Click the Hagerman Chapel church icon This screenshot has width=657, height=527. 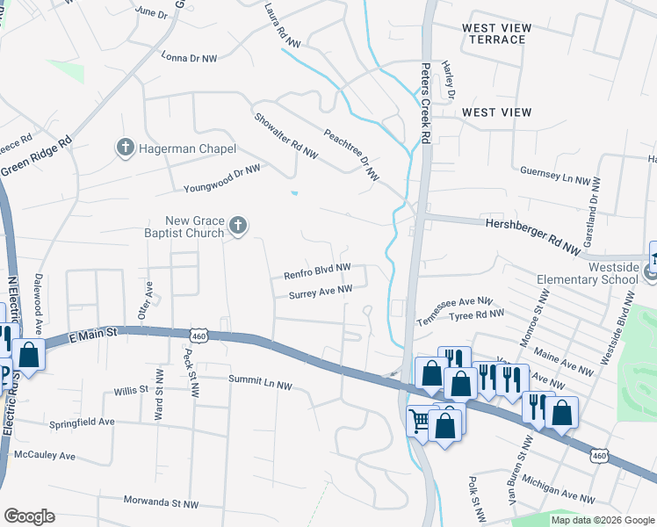point(125,148)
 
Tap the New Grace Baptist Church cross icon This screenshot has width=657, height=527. point(237,227)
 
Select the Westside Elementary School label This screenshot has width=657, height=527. point(587,272)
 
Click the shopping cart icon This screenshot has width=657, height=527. point(419,422)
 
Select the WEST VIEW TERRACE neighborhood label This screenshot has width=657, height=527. point(497,34)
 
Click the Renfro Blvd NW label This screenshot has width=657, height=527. point(317,271)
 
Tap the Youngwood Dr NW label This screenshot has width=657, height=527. point(222,177)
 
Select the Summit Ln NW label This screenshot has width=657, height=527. point(260,381)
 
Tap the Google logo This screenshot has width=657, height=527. point(29,516)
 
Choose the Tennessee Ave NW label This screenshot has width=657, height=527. point(455,310)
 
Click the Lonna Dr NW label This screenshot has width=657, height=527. point(189,58)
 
